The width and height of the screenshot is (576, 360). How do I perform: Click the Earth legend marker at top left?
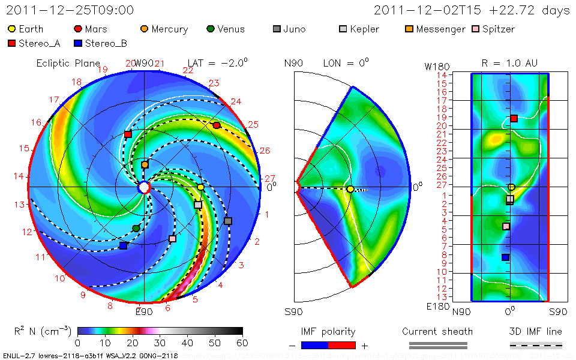coord(12,29)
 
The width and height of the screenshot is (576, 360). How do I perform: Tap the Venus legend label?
coord(231,29)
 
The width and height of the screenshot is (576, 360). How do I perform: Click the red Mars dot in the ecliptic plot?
coord(217,125)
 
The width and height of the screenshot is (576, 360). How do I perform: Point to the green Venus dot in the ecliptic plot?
coord(136,228)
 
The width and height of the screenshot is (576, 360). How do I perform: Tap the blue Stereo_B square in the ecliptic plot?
coord(123,245)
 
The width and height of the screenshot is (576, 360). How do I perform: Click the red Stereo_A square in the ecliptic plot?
coord(128,134)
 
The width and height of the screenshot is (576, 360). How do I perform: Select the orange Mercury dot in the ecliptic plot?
coord(145,164)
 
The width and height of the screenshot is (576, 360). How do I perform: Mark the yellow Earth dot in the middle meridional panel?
coord(350,190)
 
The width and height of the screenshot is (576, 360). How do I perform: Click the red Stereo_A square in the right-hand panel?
coord(514,119)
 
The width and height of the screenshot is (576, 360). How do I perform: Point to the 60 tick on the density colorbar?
coord(242,343)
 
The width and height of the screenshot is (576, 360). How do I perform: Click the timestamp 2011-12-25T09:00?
coord(70,10)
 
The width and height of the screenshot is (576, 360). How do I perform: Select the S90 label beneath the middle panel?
coord(293,312)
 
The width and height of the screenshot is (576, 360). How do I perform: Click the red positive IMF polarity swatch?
coord(342,345)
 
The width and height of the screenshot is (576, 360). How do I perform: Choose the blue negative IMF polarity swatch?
coord(314,345)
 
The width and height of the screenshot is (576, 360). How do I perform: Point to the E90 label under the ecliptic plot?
coord(144,311)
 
